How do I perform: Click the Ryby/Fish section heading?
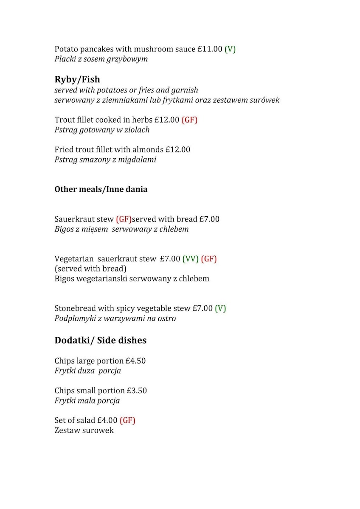pyautogui.click(x=77, y=79)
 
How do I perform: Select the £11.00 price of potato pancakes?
pyautogui.click(x=210, y=49)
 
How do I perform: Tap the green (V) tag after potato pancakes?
pyautogui.click(x=230, y=49)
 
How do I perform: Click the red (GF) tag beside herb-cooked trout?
pyautogui.click(x=189, y=120)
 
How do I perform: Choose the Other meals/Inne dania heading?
pyautogui.click(x=101, y=189)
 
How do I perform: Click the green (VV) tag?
pyautogui.click(x=191, y=259)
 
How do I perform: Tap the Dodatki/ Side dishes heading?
pyautogui.click(x=101, y=340)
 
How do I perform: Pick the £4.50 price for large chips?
pyautogui.click(x=136, y=361)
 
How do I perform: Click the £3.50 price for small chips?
pyautogui.click(x=137, y=391)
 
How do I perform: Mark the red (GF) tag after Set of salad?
pyautogui.click(x=127, y=420)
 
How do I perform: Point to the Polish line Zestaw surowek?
pyautogui.click(x=84, y=431)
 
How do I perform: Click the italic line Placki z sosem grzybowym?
pyautogui.click(x=101, y=59)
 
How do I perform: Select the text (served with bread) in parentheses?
pyautogui.click(x=90, y=268)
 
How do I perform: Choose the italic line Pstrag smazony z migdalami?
pyautogui.click(x=105, y=159)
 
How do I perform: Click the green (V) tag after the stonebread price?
pyautogui.click(x=220, y=308)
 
